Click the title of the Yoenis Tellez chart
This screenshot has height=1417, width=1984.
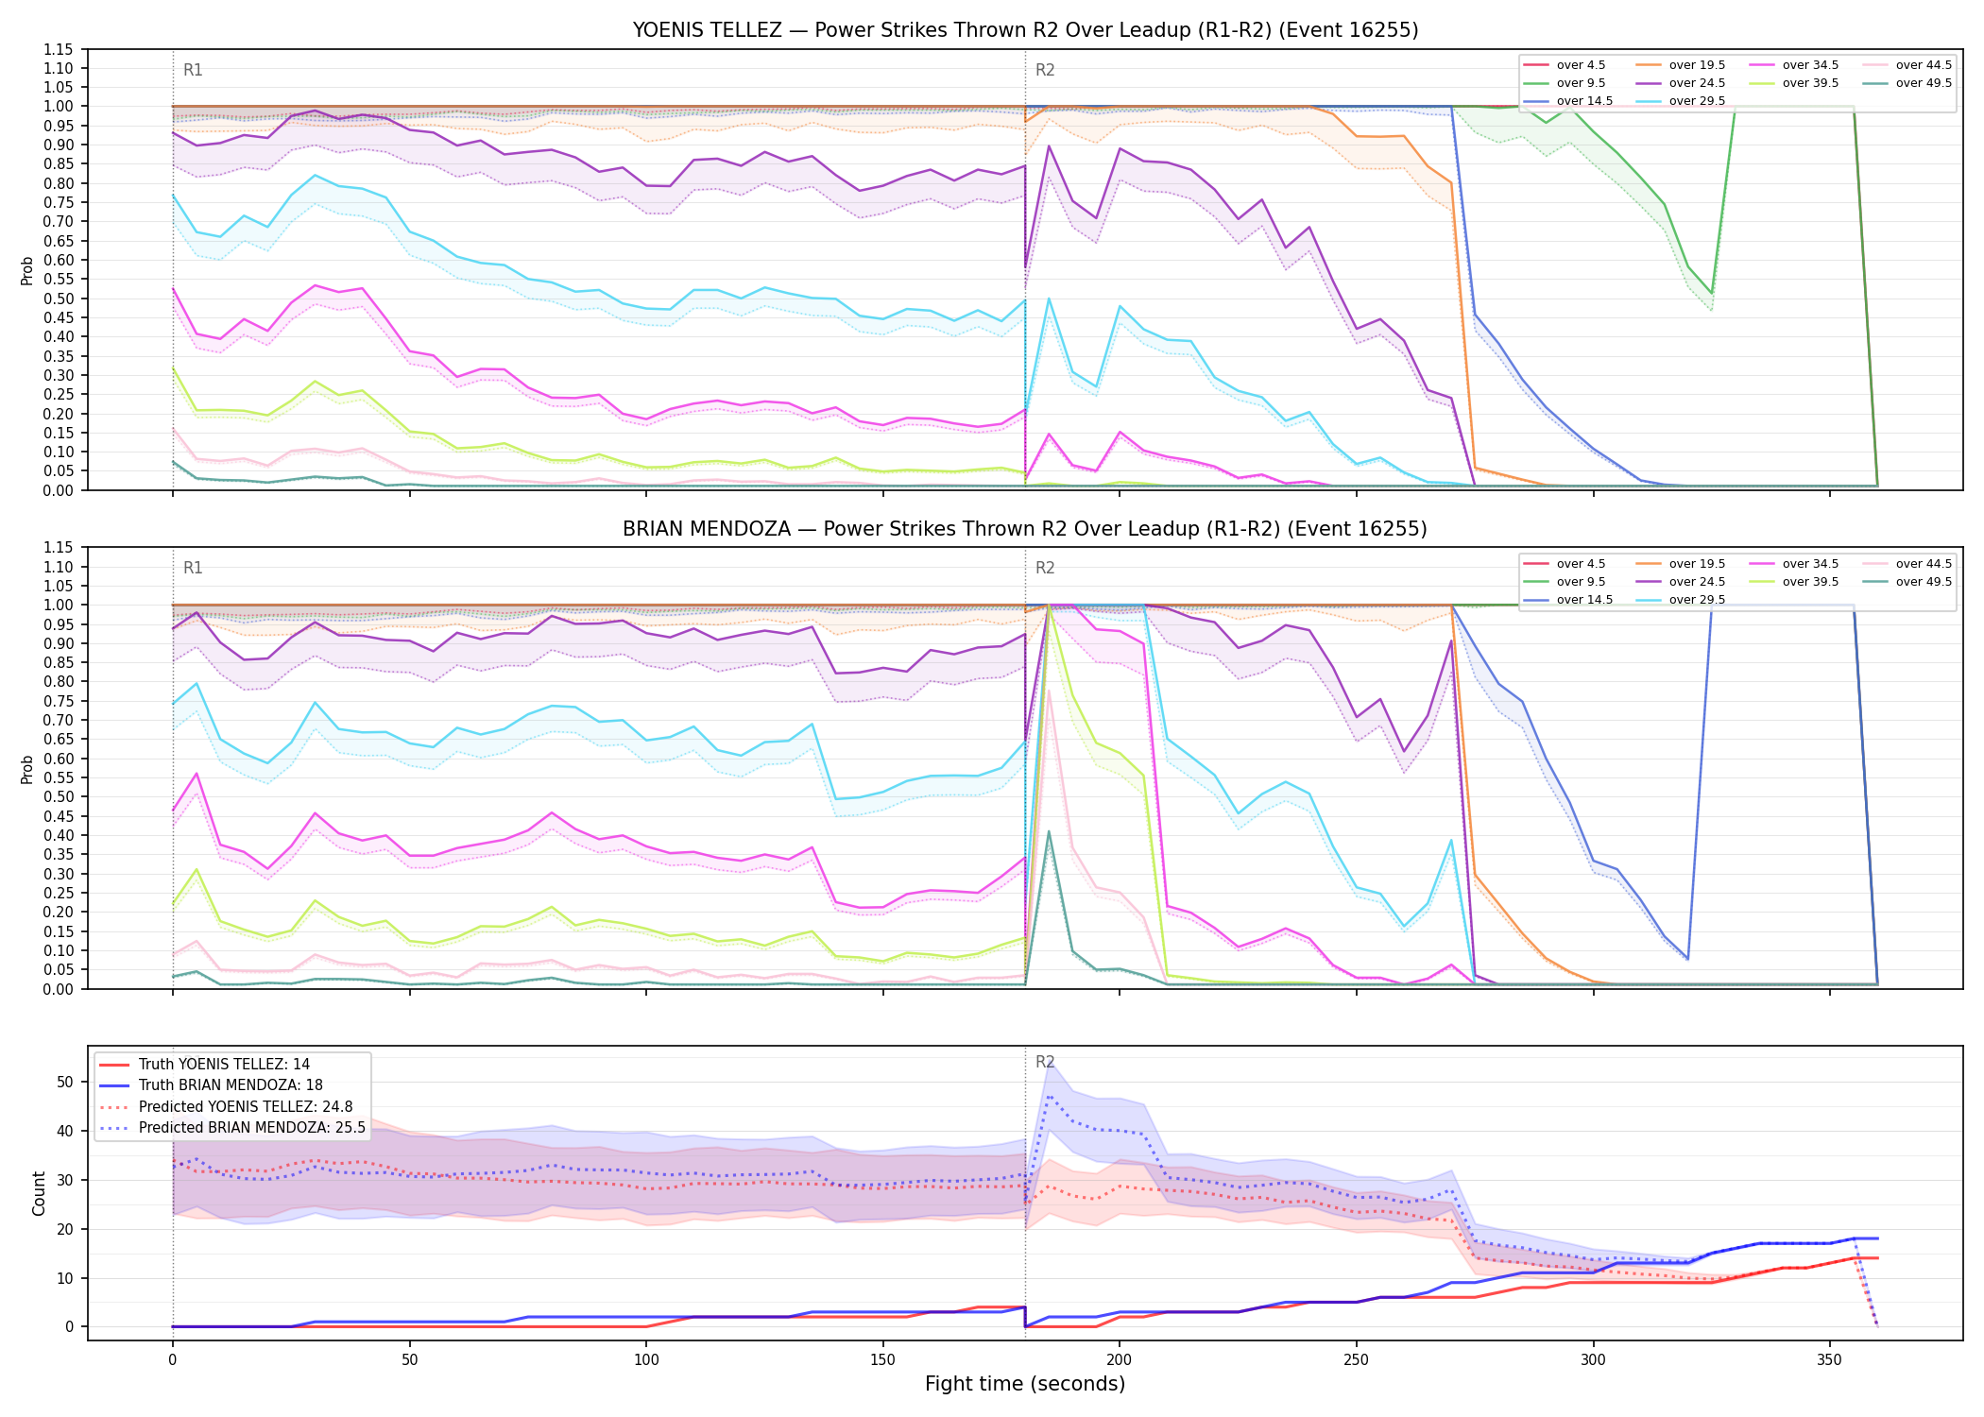point(1025,30)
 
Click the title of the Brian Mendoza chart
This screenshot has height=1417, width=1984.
point(1025,529)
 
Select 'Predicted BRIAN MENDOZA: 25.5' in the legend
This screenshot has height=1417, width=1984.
point(232,1128)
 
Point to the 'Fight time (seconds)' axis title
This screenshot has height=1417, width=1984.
point(1025,1384)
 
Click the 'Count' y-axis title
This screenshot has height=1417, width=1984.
point(39,1193)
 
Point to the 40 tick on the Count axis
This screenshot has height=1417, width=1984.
point(65,1131)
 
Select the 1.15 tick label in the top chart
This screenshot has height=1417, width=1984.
point(59,49)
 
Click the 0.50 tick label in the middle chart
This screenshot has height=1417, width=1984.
point(59,796)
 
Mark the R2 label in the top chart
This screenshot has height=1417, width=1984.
point(1045,70)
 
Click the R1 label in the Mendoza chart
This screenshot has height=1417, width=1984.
point(193,568)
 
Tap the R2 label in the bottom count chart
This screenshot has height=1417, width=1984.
point(1045,1062)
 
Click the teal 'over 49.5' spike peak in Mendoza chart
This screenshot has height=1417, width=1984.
point(1049,832)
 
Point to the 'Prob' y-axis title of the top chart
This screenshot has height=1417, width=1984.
point(27,270)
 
